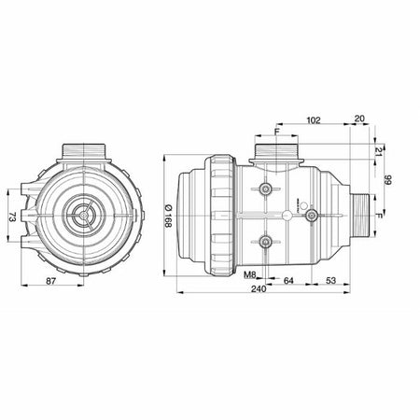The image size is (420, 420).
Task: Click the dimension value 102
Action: pyautogui.click(x=314, y=120)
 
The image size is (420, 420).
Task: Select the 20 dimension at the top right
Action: pyautogui.click(x=359, y=120)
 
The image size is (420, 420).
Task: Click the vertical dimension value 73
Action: pyautogui.click(x=13, y=216)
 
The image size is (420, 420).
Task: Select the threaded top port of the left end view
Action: pyautogui.click(x=82, y=149)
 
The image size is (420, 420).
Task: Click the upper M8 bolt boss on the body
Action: pyautogui.click(x=268, y=189)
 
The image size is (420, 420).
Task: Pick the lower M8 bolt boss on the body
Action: pyautogui.click(x=268, y=243)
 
